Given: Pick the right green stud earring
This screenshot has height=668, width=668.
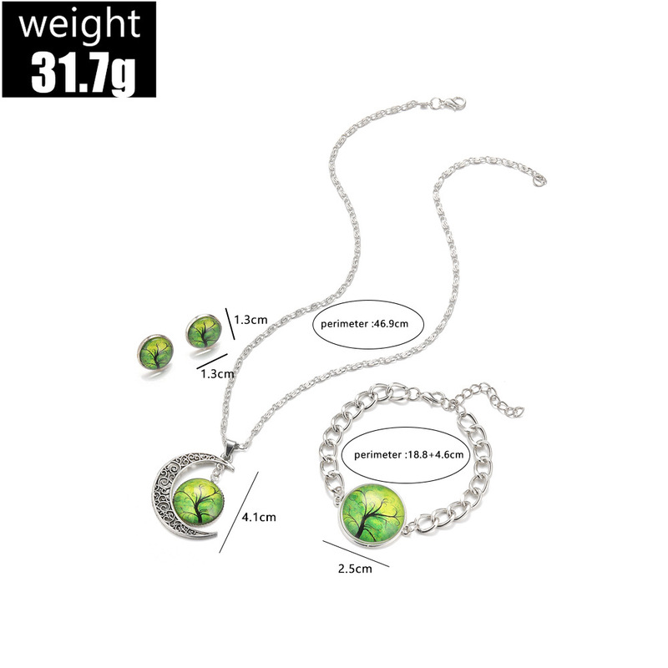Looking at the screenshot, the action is click(204, 331).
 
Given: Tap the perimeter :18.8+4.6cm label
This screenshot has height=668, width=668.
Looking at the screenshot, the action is click(397, 456).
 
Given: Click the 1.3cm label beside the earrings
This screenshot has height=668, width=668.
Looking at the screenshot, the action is click(250, 319).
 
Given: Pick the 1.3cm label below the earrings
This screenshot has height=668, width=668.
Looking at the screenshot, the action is click(217, 374).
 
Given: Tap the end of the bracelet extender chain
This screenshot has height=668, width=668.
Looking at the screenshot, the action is click(518, 411).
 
